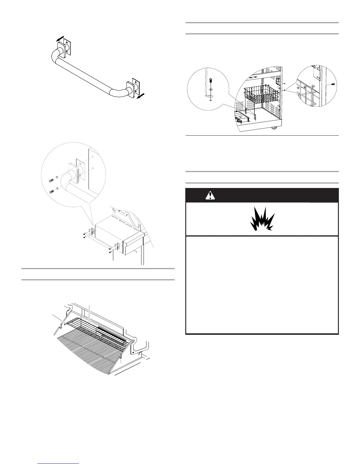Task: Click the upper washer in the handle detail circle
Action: (x=57, y=179)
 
